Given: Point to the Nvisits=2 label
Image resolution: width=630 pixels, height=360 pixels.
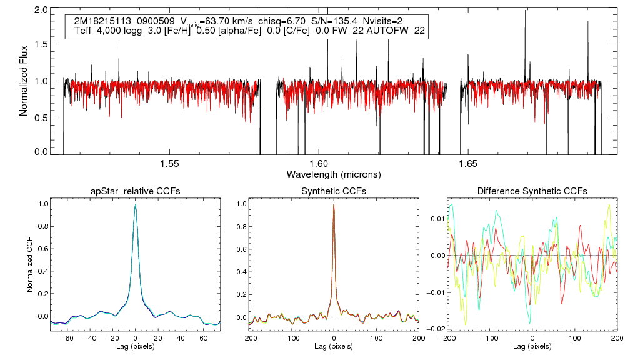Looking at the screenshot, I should [x=387, y=21].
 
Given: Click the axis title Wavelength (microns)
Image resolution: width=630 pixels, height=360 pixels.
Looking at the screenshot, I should [x=334, y=174].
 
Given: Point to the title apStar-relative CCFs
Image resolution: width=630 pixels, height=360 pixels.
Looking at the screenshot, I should [x=135, y=191].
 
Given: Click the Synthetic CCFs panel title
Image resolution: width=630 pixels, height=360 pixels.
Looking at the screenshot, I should [x=334, y=191].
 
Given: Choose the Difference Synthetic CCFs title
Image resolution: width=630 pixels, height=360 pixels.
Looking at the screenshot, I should [x=532, y=191].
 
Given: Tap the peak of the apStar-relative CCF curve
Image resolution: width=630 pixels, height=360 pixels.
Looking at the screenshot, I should [x=135, y=204].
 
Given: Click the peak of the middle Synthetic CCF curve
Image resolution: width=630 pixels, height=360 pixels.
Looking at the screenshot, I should [x=334, y=204].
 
